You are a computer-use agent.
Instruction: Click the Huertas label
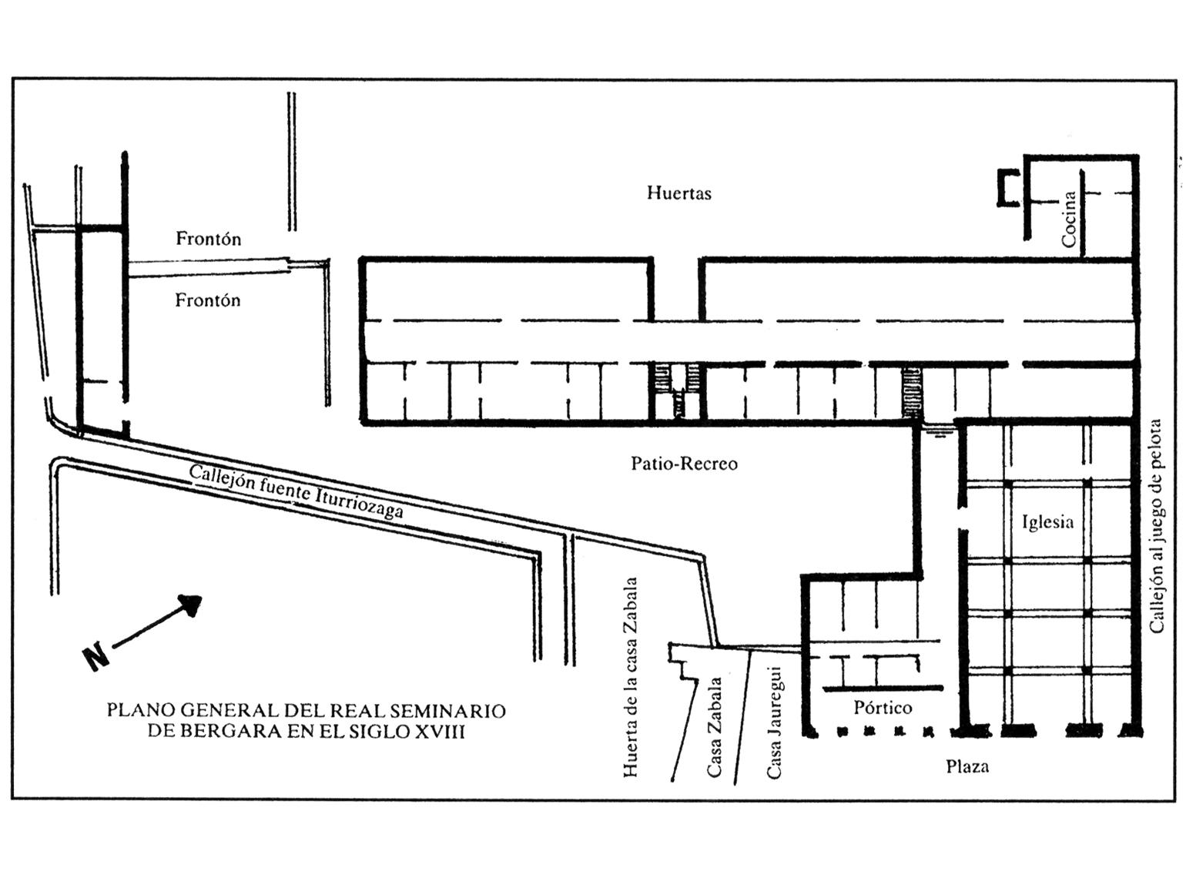coord(678,193)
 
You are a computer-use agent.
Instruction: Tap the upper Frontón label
coord(209,239)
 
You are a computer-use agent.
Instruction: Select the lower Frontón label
coord(207,300)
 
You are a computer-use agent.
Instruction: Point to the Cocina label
coord(1068,219)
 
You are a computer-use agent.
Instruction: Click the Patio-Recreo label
coord(684,463)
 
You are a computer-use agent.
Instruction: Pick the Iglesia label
coord(1047,521)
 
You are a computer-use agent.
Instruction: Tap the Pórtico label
coord(883,708)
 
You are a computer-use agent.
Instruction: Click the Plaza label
coord(967,767)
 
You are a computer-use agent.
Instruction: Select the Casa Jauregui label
coord(774,722)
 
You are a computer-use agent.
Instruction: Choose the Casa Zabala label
coord(715,727)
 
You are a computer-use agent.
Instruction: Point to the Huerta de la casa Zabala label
coord(631,677)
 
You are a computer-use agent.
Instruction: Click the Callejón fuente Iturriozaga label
coord(296,492)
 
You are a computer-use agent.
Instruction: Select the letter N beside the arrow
coord(96,657)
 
